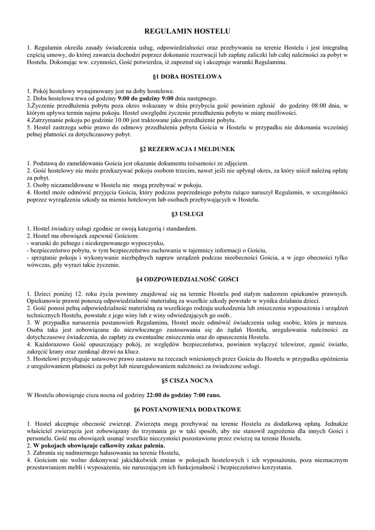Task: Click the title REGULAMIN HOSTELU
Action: point(187,32)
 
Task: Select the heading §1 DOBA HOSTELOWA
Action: point(187,77)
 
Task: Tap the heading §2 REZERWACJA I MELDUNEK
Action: point(187,149)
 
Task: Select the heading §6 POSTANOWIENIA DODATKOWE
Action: point(187,409)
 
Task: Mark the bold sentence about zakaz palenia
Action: point(99,445)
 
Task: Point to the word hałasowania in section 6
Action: point(106,452)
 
